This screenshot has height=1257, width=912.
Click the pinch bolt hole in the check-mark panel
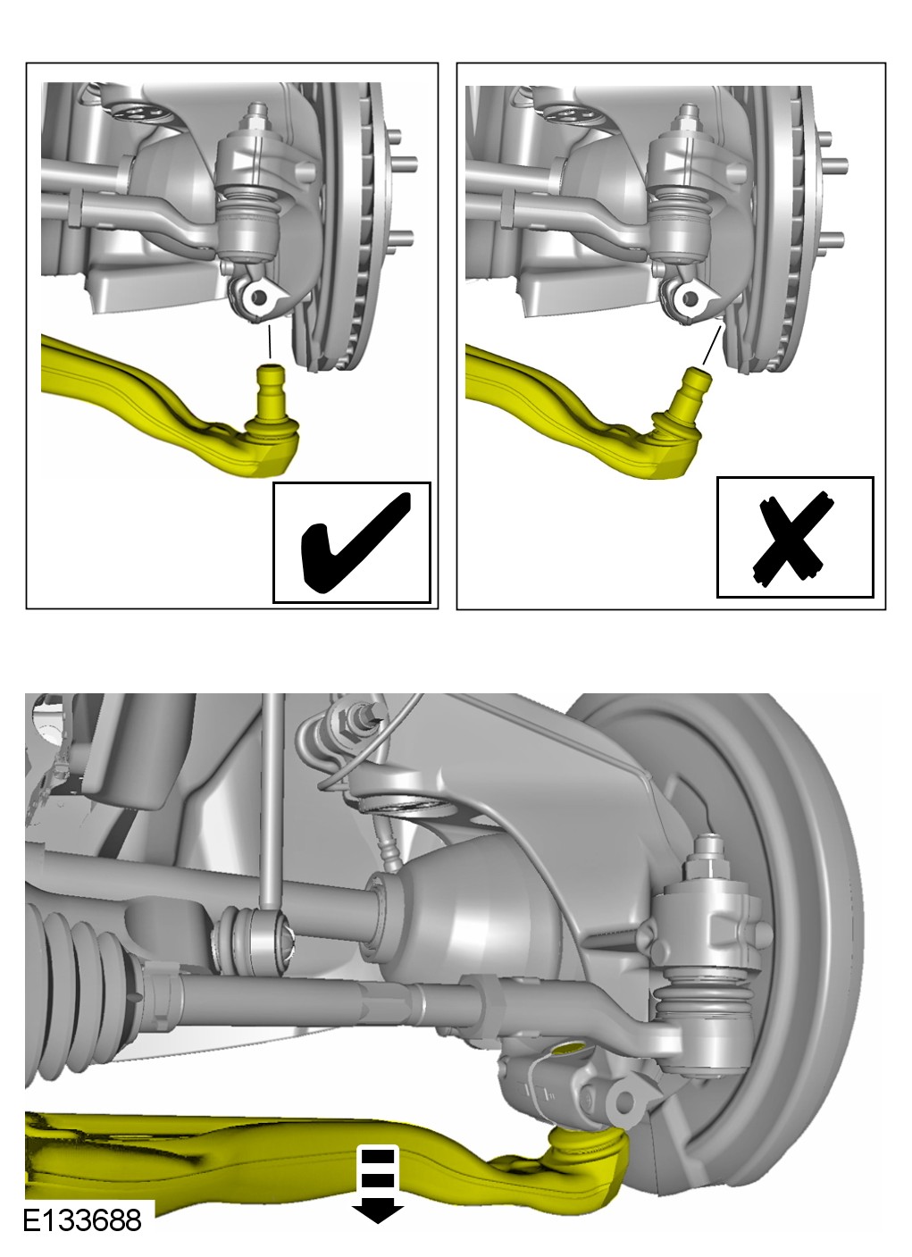pos(258,297)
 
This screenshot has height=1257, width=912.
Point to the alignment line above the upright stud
pos(270,341)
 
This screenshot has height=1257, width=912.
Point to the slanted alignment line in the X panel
pos(711,345)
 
